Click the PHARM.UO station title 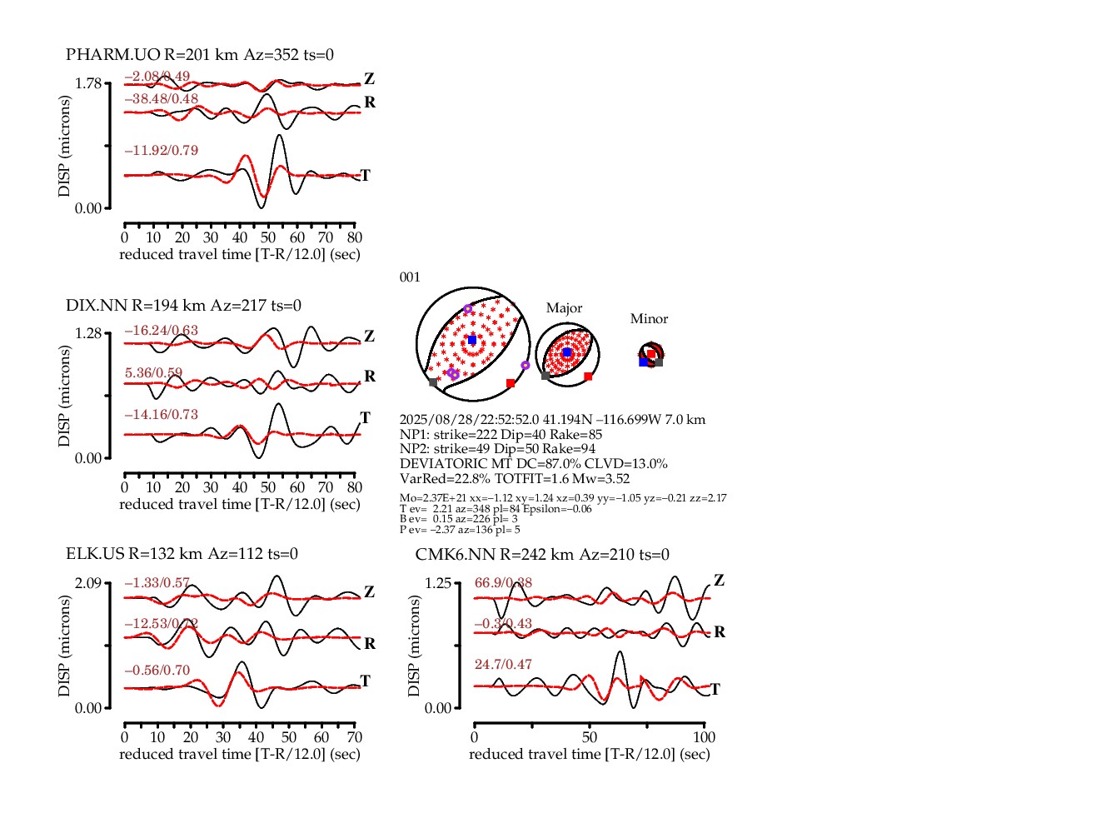pyautogui.click(x=200, y=55)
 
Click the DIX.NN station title pyautogui.click(x=183, y=306)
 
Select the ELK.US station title pyautogui.click(x=182, y=554)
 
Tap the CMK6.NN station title pyautogui.click(x=542, y=555)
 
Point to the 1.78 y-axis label pyautogui.click(x=87, y=83)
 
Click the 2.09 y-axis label pyautogui.click(x=87, y=582)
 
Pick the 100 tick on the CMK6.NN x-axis pyautogui.click(x=705, y=737)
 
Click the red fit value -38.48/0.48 pyautogui.click(x=162, y=99)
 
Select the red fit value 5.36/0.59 pyautogui.click(x=153, y=373)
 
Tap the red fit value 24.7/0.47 pyautogui.click(x=503, y=665)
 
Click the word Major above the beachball pyautogui.click(x=564, y=308)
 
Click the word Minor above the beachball pyautogui.click(x=649, y=319)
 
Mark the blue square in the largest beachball pyautogui.click(x=472, y=340)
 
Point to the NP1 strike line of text pyautogui.click(x=501, y=435)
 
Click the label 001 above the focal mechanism pyautogui.click(x=410, y=277)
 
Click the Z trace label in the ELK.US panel pyautogui.click(x=369, y=592)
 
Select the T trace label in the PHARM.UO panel pyautogui.click(x=365, y=176)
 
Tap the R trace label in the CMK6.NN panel pyautogui.click(x=720, y=632)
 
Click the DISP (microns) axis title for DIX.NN pyautogui.click(x=64, y=396)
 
